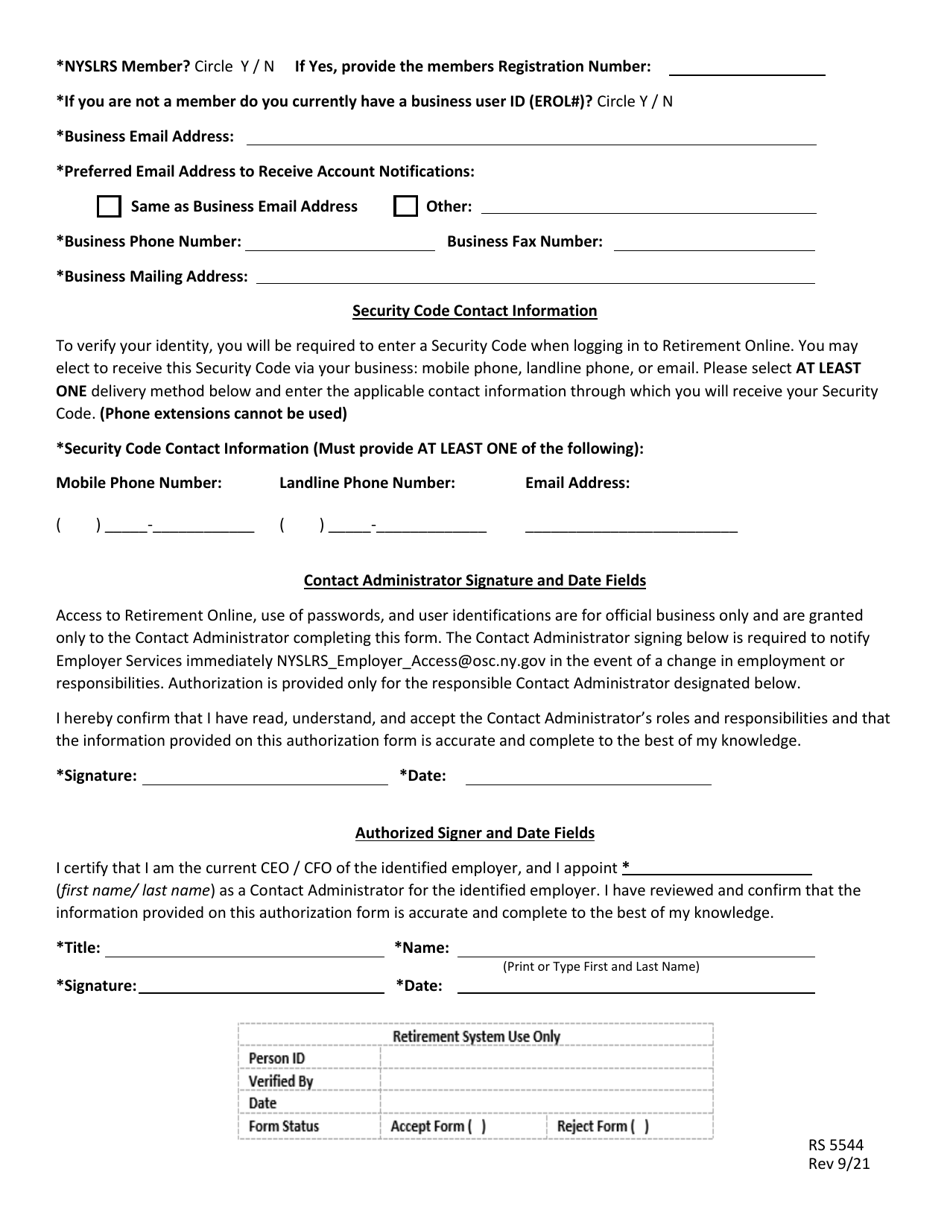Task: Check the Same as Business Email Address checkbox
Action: [108, 207]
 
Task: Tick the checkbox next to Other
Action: [405, 207]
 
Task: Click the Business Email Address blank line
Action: [530, 138]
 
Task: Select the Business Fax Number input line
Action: [713, 243]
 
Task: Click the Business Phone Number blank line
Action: [340, 243]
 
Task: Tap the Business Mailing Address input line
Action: [535, 277]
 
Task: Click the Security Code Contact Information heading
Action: [474, 311]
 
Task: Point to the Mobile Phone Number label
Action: [139, 483]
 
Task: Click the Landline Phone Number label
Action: [367, 483]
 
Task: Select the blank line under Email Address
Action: [630, 527]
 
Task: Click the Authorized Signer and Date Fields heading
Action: [475, 833]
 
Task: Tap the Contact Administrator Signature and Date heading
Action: [474, 580]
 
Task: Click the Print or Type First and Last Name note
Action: [600, 967]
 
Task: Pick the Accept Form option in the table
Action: [439, 1127]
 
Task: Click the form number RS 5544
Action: [836, 1146]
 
